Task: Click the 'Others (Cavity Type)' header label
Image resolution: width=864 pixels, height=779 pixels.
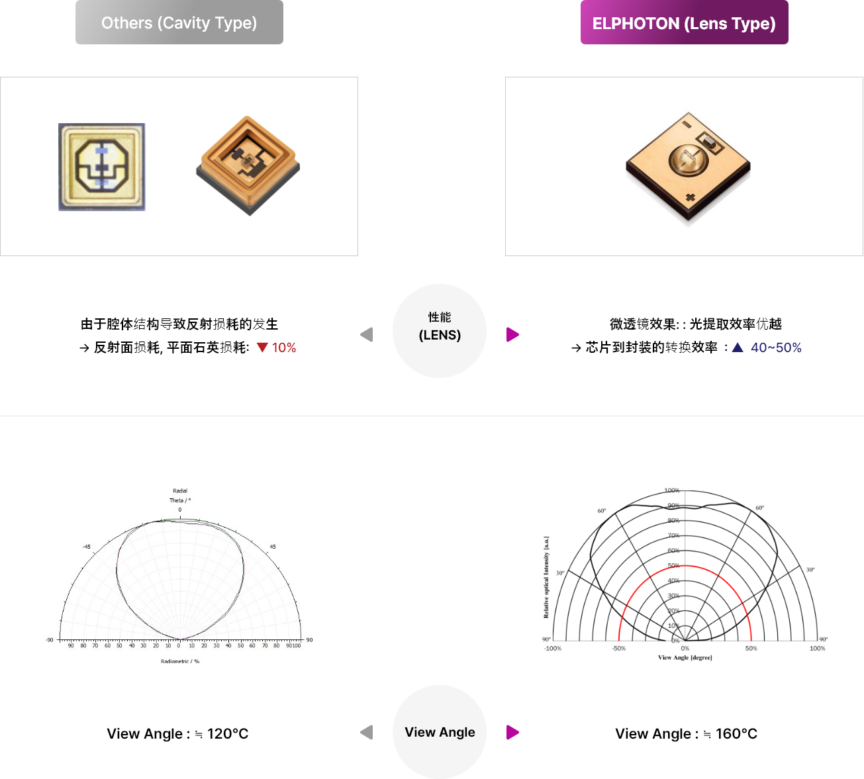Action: (179, 23)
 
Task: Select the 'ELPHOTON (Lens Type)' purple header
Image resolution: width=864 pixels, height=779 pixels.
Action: (684, 24)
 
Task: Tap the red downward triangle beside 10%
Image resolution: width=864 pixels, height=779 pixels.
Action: (262, 347)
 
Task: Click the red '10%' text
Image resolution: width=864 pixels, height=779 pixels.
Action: (284, 348)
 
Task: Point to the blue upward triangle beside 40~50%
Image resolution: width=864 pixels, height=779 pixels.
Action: (738, 347)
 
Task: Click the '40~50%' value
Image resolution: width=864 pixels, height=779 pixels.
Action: (776, 348)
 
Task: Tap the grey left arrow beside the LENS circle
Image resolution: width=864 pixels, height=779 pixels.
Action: (367, 335)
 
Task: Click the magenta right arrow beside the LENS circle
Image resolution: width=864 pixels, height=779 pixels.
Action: (512, 335)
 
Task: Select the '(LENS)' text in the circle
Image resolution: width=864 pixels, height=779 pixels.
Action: (440, 336)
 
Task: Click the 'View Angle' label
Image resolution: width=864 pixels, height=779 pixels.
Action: (440, 732)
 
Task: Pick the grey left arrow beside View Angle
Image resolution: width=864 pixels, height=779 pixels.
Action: (367, 733)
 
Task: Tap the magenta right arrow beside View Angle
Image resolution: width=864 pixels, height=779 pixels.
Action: (512, 733)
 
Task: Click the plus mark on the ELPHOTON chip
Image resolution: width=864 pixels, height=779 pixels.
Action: (690, 197)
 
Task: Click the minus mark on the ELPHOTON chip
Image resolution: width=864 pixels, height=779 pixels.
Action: (687, 124)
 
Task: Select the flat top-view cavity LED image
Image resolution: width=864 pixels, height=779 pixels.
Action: (102, 167)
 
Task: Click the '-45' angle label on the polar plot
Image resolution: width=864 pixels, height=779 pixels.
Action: (87, 547)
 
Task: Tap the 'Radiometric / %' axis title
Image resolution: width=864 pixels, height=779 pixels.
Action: (180, 661)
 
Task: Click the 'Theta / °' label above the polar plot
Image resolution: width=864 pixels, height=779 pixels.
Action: (180, 500)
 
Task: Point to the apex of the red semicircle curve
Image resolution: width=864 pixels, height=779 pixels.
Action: (686, 566)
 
